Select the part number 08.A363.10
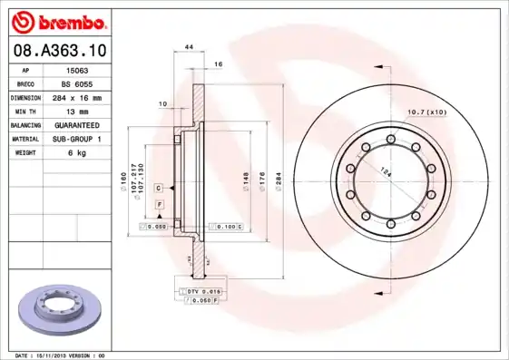pos(59,51)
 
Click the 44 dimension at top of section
pos(190,46)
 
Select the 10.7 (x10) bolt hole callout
pos(427,112)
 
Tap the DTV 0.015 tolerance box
pos(203,290)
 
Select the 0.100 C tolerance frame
pos(226,225)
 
